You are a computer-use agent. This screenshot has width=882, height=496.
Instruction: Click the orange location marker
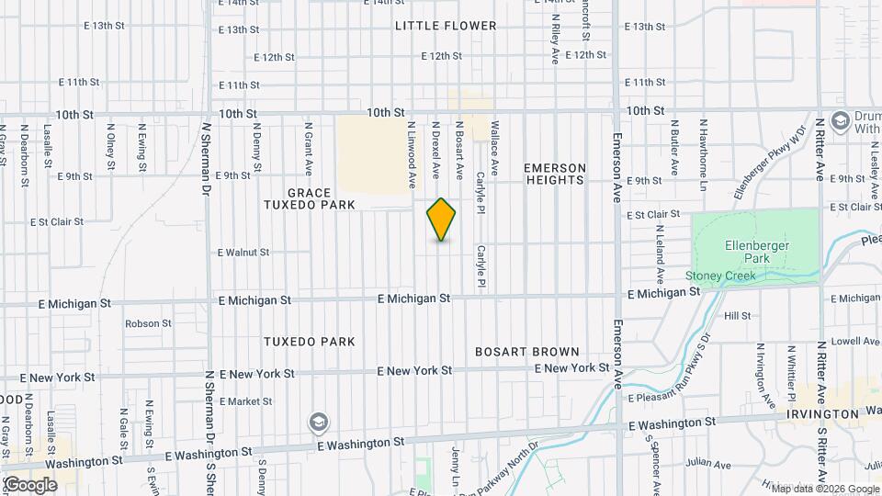tap(441, 220)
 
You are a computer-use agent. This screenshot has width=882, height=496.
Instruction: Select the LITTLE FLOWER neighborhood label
tap(446, 26)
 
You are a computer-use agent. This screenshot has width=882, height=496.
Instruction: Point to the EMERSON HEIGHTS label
tap(554, 174)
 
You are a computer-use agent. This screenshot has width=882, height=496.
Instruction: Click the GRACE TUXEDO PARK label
tap(321, 199)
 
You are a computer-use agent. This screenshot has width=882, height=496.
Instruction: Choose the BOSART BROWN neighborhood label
tap(527, 352)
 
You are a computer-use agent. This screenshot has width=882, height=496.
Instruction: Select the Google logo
tap(30, 484)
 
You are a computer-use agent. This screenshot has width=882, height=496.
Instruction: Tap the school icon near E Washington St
tap(319, 422)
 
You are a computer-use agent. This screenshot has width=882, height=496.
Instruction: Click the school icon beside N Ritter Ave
tap(840, 121)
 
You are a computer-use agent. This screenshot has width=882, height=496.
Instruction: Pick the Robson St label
tap(142, 323)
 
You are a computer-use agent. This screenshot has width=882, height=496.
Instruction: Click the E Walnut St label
tap(243, 252)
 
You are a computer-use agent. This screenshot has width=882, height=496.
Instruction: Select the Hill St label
tap(737, 315)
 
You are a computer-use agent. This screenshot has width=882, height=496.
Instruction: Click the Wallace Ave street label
tap(494, 147)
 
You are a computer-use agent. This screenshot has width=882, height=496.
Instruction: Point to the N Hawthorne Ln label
tap(703, 147)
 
